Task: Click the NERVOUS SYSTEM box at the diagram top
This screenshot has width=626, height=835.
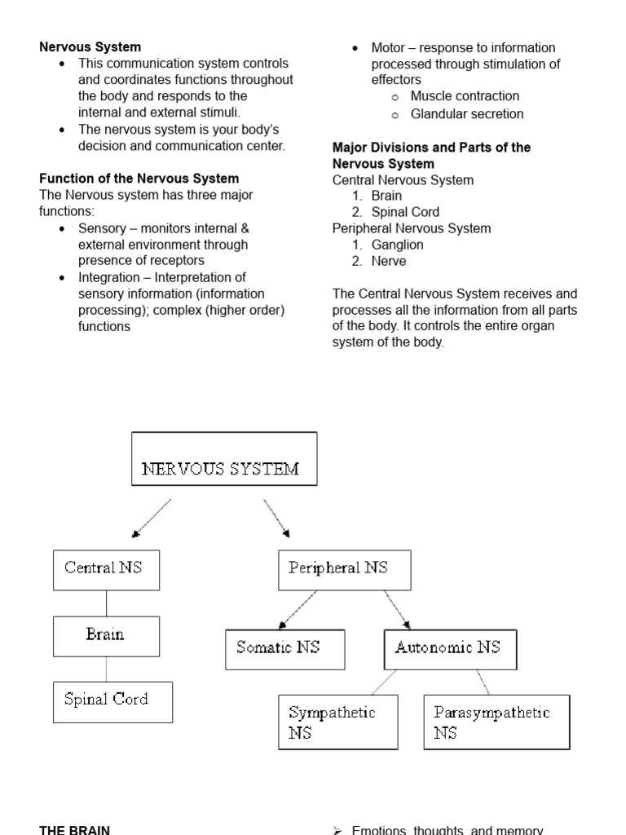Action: coord(224,459)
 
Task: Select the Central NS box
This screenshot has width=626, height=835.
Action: coord(106,570)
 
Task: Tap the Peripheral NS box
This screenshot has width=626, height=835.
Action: coord(345,570)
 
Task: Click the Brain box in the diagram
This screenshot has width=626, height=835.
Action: coord(106,636)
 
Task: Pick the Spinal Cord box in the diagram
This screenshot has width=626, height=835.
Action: coord(112,702)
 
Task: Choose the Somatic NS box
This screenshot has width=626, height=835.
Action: coord(284,649)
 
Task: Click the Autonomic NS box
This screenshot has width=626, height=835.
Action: coord(450,649)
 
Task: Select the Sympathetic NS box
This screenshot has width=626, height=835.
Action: coord(337,722)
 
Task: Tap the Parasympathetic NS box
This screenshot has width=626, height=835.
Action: coord(496,722)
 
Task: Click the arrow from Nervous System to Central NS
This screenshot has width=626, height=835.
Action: coord(152,518)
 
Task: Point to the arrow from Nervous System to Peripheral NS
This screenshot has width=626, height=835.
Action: coord(276,518)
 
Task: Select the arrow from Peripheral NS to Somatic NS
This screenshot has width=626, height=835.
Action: coord(298,610)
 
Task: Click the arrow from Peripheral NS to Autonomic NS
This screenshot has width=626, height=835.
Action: coord(396,610)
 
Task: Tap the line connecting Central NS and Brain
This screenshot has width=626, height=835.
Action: coord(106,603)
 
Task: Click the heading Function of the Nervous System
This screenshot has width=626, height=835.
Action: coord(139,179)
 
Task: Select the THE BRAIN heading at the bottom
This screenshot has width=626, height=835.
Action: coord(74,830)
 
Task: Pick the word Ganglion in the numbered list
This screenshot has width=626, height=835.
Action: coord(397,245)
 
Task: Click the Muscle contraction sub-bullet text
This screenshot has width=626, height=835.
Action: coord(465,96)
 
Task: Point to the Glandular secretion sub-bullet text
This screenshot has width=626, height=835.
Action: coord(467,114)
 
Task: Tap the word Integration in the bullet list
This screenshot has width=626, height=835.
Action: coord(108,277)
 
